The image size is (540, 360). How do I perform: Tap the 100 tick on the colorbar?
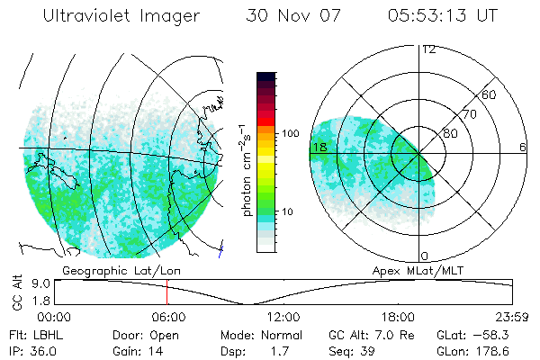[x=291, y=133]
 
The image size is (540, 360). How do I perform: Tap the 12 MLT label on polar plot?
[x=428, y=49]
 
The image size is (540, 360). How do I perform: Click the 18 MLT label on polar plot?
[x=319, y=147]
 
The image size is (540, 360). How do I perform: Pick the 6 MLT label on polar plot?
[x=523, y=147]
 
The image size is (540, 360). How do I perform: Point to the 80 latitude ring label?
[x=451, y=134]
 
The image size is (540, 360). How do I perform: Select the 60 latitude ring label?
[x=490, y=95]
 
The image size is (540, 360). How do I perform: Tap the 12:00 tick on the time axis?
[x=283, y=317]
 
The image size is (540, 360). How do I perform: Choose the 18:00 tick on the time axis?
[x=398, y=317]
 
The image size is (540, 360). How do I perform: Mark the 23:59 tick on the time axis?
[x=512, y=317]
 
